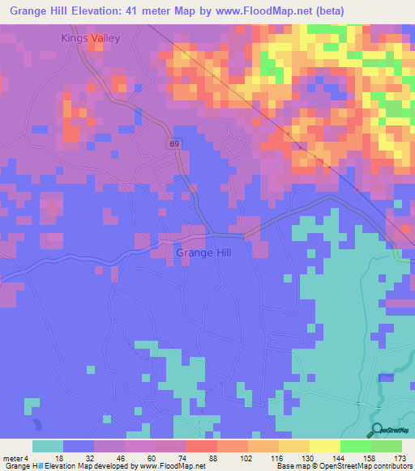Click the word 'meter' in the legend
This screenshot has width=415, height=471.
pos(12,457)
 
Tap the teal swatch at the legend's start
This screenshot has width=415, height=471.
pos(48,446)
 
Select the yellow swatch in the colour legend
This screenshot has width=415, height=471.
pos(325,446)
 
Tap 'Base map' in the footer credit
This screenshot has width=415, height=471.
pos(296,466)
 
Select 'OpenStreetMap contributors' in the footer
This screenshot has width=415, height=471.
pos(368,466)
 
